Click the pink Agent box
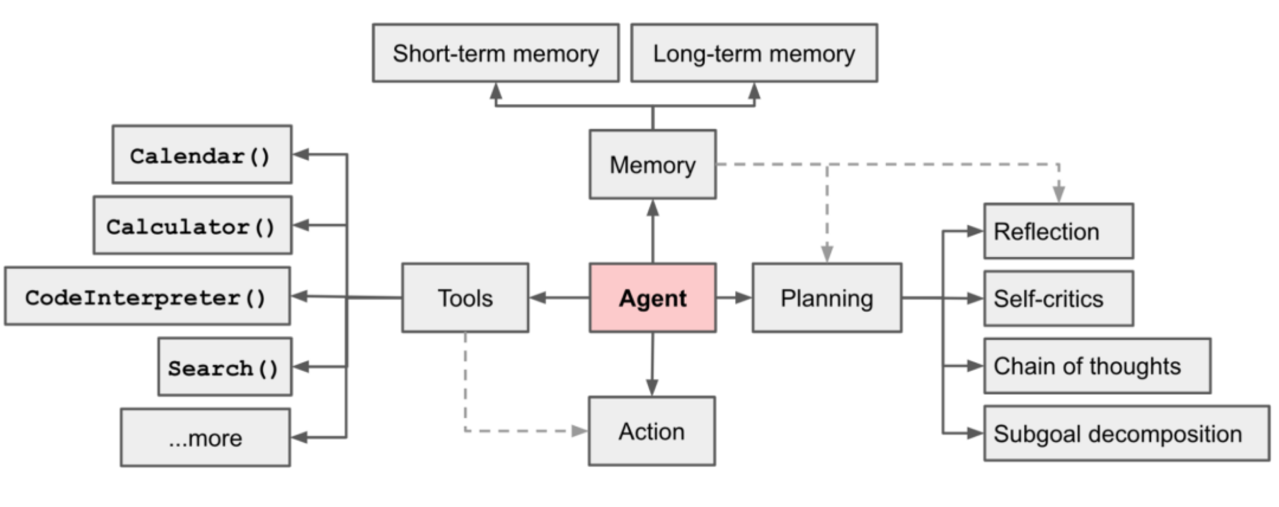[x=652, y=298]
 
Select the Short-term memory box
[x=495, y=53]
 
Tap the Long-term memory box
[x=754, y=53]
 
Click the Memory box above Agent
[x=652, y=165]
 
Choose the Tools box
[x=465, y=298]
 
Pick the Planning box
[x=827, y=298]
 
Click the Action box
[x=652, y=431]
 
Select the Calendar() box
[x=202, y=154]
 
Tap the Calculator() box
[x=192, y=225]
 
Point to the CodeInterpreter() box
[x=147, y=296]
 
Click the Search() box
[x=224, y=367]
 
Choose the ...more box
[x=205, y=437]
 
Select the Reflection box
[x=1059, y=231]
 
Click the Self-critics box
[x=1059, y=298]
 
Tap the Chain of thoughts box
[x=1097, y=366]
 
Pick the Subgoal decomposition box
[x=1126, y=433]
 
